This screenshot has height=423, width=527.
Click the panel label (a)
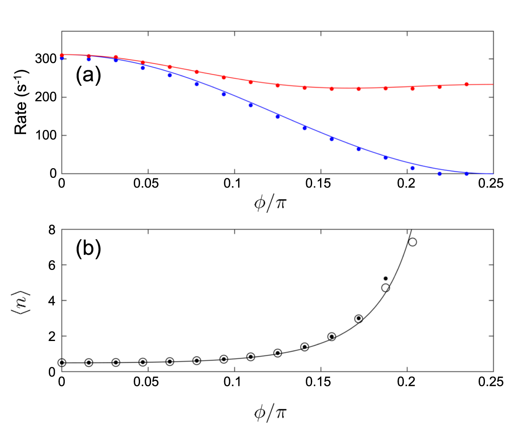[88, 76]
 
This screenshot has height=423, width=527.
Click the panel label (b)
[88, 249]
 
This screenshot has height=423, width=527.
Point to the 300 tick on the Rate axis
[46, 59]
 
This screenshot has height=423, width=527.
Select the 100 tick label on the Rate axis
[46, 135]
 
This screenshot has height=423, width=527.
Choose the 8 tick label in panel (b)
[52, 230]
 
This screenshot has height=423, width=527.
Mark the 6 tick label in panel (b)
[52, 265]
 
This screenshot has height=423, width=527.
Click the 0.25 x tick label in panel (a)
[491, 184]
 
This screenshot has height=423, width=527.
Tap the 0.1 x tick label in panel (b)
[232, 382]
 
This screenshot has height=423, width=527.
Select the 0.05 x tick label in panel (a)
[146, 184]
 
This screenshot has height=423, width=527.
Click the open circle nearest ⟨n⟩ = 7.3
[413, 242]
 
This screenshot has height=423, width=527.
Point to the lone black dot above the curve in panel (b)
[386, 278]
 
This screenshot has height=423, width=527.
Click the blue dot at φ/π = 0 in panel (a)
[62, 58]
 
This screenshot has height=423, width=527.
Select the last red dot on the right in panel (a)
[466, 85]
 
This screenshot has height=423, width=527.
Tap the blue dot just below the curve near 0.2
[413, 168]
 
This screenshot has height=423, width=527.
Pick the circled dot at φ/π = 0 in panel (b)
[62, 362]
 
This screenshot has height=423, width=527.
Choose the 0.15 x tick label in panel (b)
[318, 382]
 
